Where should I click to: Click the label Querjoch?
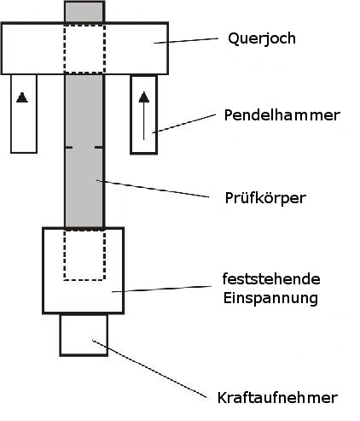point(262,38)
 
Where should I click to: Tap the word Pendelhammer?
point(282,115)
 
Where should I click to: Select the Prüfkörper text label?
point(265,198)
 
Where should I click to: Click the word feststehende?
point(271,279)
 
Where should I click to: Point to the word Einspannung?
point(270,298)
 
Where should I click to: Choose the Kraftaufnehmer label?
point(277,397)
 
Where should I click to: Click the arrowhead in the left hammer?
point(22,97)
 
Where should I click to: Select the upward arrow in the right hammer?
point(144,115)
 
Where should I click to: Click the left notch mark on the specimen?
point(69,147)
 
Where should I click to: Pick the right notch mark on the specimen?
point(99,147)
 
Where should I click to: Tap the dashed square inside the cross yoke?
point(64,49)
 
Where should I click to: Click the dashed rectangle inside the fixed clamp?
point(64,255)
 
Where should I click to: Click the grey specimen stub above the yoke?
point(84,12)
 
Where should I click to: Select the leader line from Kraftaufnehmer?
point(149,369)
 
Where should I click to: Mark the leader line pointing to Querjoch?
point(186,40)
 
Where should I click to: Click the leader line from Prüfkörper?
point(153,188)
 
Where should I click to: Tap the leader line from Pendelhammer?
point(183,124)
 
